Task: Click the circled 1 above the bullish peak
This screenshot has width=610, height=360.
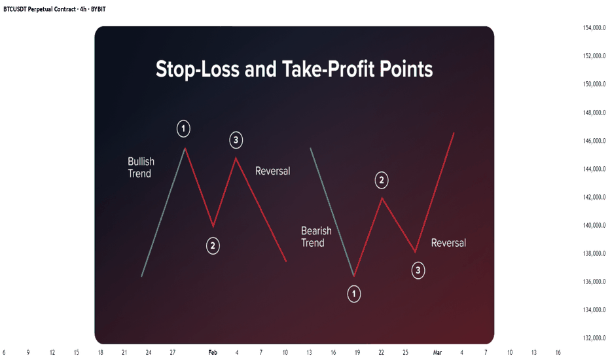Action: pos(183,128)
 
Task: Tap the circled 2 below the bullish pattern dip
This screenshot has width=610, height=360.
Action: pos(213,245)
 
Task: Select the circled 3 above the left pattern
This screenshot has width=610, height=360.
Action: pos(236,140)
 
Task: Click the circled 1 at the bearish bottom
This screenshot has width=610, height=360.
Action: pos(354,294)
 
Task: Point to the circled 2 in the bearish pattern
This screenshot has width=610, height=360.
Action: pos(382,180)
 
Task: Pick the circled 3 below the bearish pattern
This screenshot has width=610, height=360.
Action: pos(418,270)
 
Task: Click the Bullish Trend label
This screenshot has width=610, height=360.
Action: pos(141,168)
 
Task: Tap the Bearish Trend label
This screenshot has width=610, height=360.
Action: pos(316,237)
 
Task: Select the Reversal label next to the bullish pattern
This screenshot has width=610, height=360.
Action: pos(273,171)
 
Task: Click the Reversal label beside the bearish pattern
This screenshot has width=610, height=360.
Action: pos(448,243)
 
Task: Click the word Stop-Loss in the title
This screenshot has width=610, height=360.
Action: pos(197,69)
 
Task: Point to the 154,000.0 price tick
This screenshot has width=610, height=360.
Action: pos(594,27)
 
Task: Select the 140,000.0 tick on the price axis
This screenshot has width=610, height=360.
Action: pos(594,225)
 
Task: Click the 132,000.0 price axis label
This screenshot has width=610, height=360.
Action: pos(594,338)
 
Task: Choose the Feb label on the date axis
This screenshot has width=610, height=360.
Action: pos(213,352)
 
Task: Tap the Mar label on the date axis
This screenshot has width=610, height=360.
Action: pos(437,352)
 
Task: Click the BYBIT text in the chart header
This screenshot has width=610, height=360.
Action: pos(98,9)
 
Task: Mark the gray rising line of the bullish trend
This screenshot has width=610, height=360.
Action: pos(163,213)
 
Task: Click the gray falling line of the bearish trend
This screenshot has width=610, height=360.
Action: pos(332,212)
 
